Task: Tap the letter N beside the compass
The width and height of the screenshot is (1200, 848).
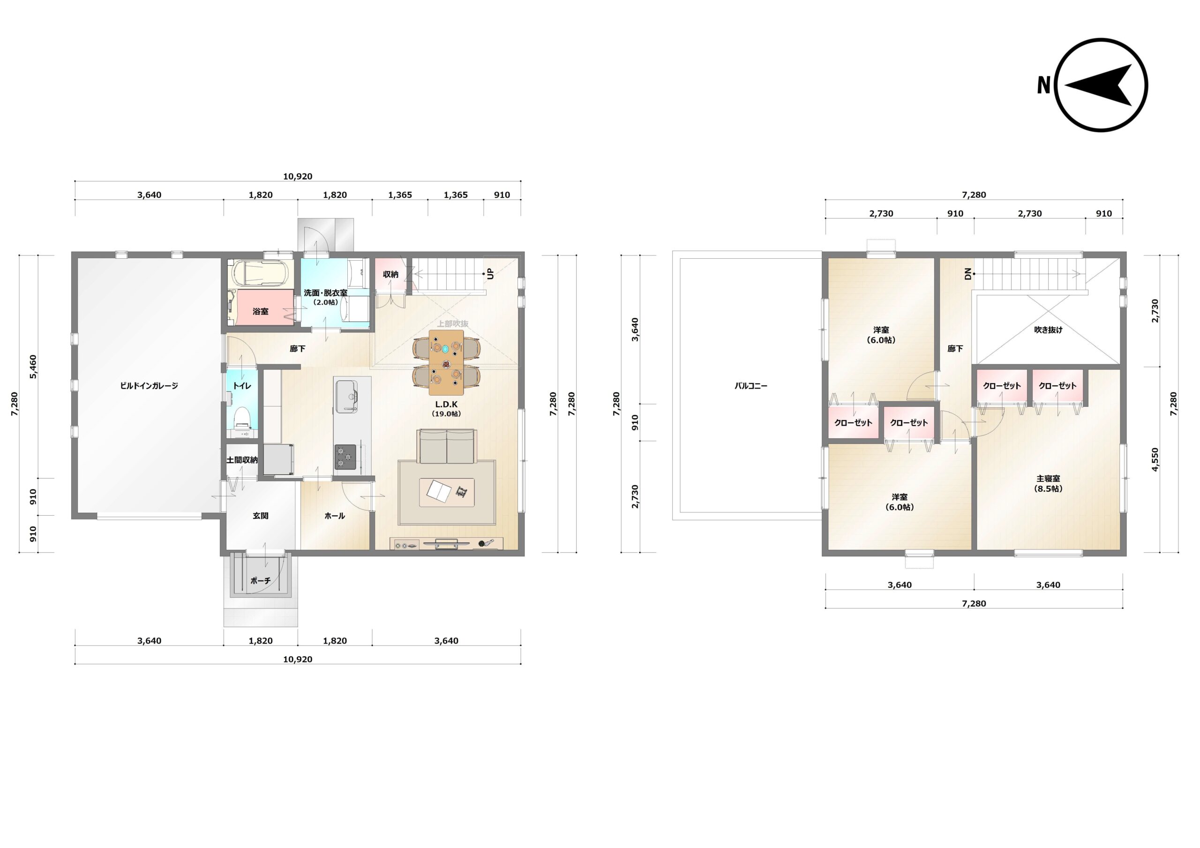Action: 1044,85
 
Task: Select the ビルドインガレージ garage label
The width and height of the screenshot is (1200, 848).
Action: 149,386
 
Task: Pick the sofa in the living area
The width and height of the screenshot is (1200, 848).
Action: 446,446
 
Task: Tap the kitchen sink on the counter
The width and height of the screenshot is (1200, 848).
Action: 346,396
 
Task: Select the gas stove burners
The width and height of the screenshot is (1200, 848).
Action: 345,457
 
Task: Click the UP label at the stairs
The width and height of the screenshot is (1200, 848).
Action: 490,273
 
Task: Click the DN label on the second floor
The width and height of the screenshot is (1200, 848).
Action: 967,273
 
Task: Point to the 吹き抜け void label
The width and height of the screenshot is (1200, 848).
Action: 1048,330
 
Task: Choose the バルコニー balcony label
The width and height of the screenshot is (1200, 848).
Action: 750,386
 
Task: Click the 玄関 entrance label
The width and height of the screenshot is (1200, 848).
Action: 260,516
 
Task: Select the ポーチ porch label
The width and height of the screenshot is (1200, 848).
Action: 260,580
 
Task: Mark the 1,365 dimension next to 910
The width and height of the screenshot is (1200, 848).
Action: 455,195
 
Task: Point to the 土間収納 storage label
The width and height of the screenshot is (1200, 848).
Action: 241,460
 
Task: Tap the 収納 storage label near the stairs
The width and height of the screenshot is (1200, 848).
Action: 390,274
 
